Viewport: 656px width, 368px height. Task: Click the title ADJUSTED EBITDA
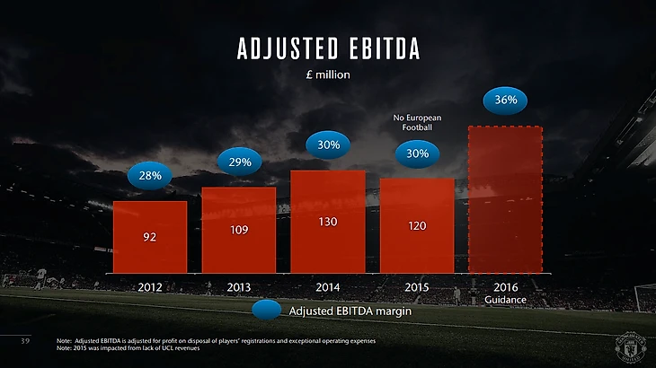coord(327,48)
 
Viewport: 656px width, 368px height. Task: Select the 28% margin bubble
coord(150,176)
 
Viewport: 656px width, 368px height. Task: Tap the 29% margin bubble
coord(240,162)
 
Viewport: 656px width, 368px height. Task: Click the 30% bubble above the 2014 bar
coord(328,145)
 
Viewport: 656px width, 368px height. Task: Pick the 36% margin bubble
coord(505,100)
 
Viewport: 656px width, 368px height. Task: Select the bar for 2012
coord(150,237)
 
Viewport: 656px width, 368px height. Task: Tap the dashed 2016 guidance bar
coord(505,199)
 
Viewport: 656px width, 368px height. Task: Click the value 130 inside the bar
coord(328,221)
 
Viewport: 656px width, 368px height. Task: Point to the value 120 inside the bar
coord(417,226)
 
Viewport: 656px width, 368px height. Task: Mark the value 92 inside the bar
coord(150,238)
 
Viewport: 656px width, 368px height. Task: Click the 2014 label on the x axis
coord(328,287)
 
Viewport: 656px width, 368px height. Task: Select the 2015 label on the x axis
coord(417,287)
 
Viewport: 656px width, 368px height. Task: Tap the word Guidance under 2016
coord(505,299)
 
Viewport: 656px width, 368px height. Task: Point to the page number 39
coord(26,342)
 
